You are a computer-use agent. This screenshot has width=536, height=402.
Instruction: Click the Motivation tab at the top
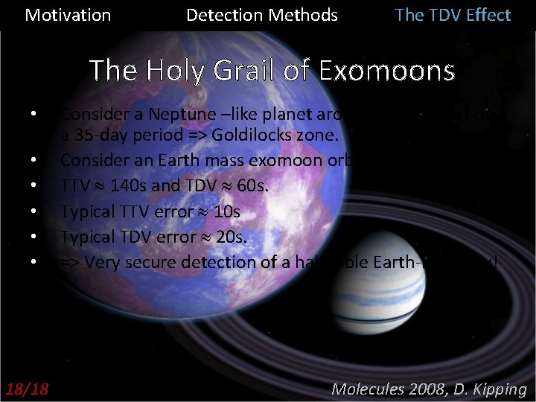pyautogui.click(x=68, y=15)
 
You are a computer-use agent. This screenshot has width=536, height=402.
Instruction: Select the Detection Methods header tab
pyautogui.click(x=261, y=15)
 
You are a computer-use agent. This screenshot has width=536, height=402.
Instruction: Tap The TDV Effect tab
pyautogui.click(x=453, y=15)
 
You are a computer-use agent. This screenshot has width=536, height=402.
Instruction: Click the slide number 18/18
pyautogui.click(x=26, y=389)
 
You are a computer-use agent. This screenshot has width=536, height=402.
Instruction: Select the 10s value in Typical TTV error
pyautogui.click(x=227, y=212)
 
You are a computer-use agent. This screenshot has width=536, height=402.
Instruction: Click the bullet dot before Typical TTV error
pyautogui.click(x=34, y=213)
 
